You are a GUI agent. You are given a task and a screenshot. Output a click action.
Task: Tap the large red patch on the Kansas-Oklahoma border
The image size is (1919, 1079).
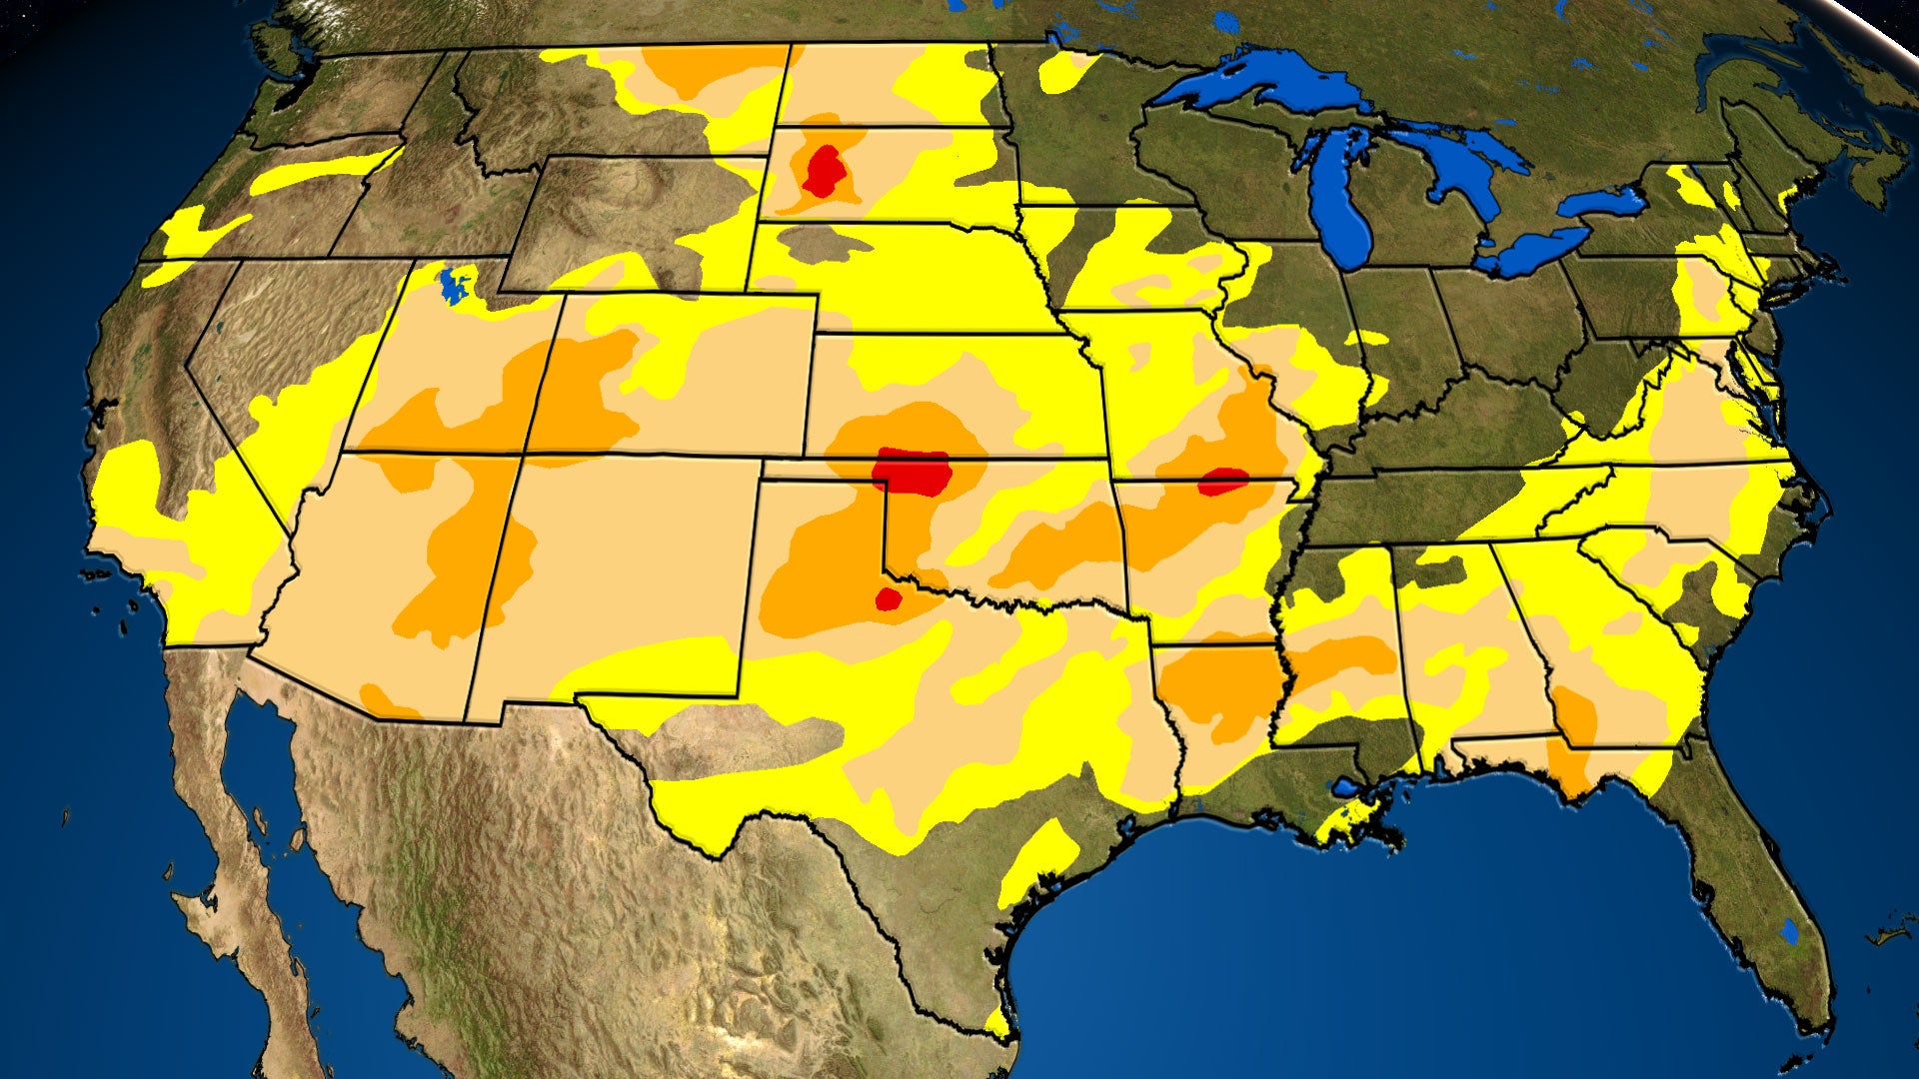pos(913,472)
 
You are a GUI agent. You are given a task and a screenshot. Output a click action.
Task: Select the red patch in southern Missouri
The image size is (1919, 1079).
pos(1222,482)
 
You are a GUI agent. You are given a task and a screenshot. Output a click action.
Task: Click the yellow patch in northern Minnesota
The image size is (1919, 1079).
pos(1063,71)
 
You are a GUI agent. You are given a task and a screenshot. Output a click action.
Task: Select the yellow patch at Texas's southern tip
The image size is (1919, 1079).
pos(996,1024)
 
